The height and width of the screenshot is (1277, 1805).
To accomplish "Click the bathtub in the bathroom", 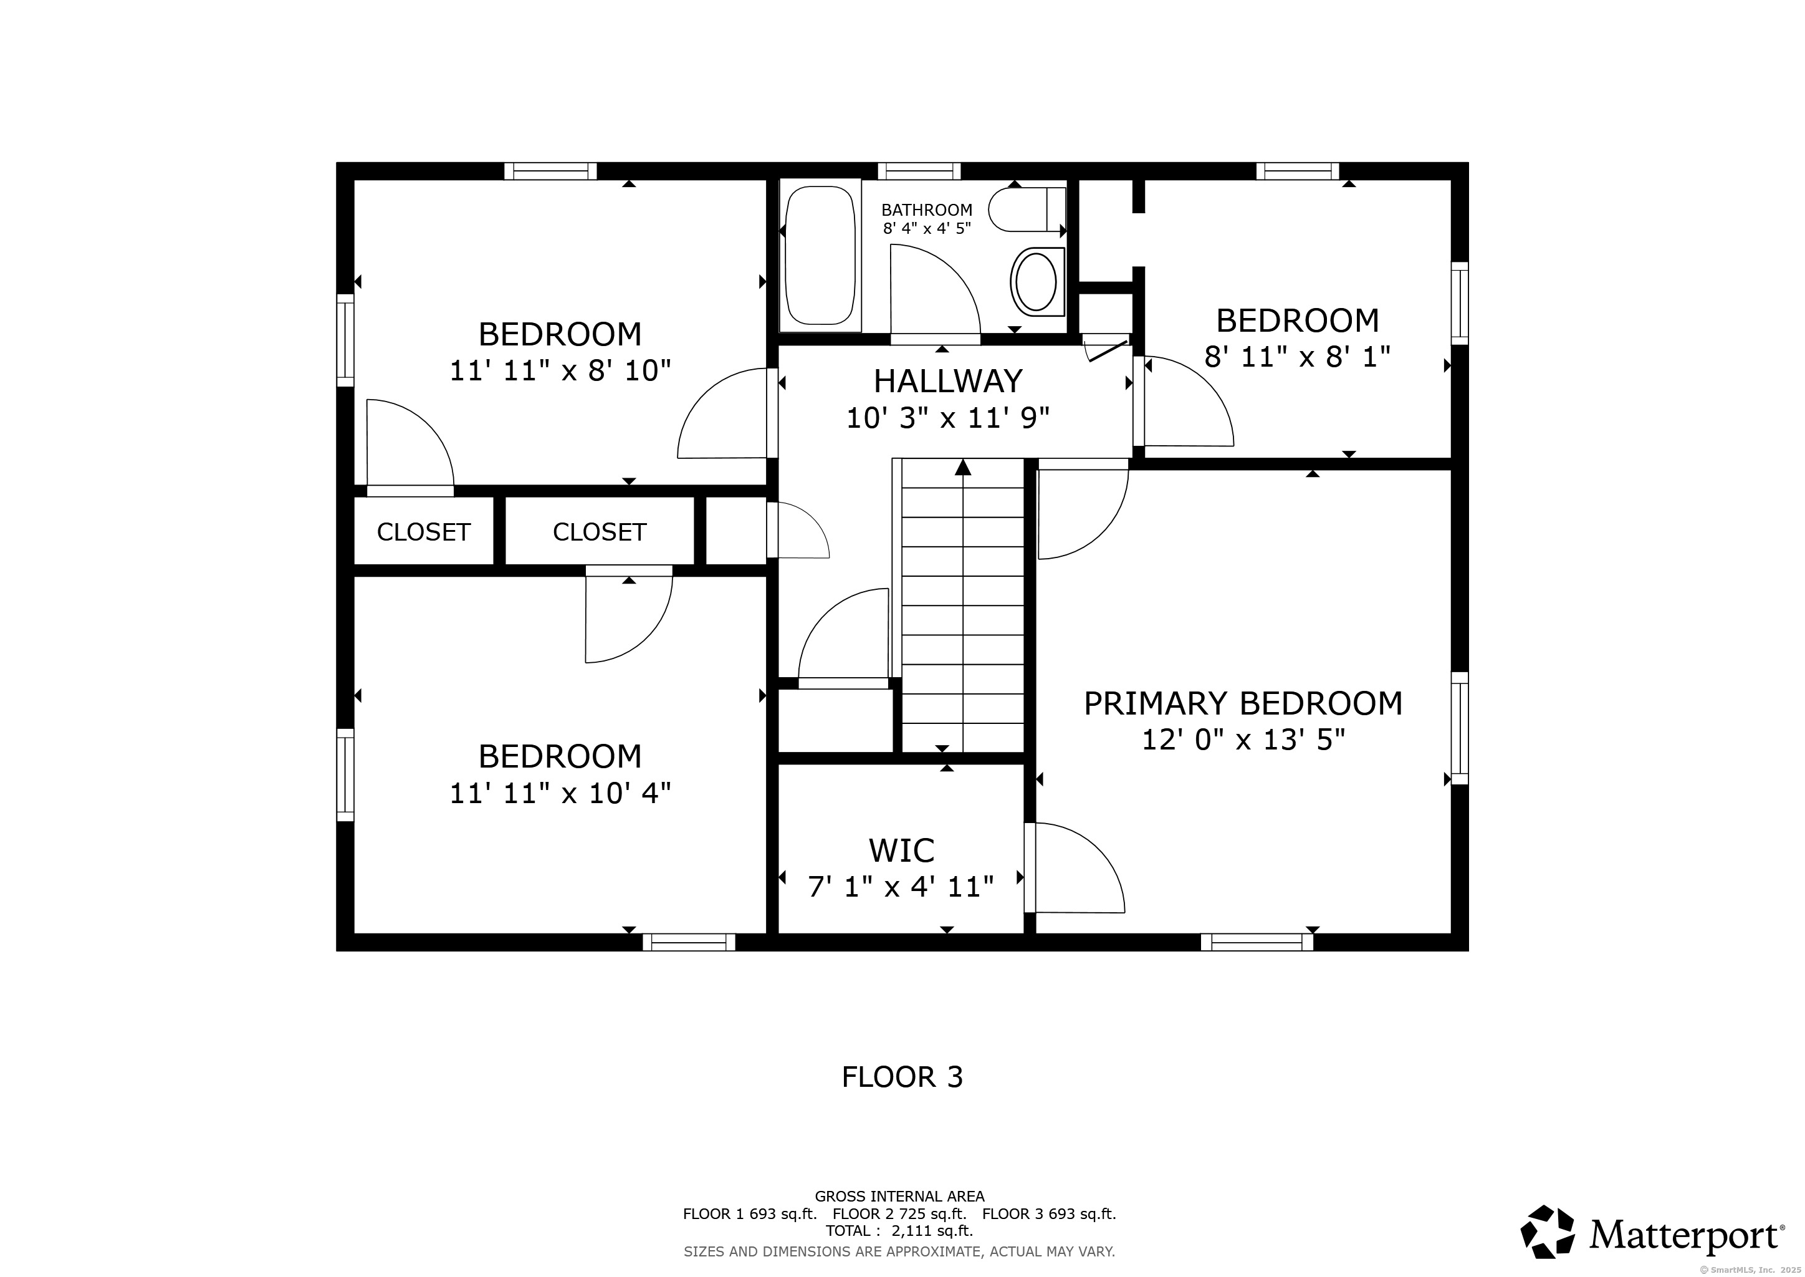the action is (x=821, y=256).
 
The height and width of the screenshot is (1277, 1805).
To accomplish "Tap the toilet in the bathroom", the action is (x=1027, y=209).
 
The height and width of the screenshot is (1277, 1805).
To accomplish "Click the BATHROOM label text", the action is (x=927, y=210).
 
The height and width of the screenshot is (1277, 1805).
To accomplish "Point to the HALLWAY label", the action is (x=948, y=382).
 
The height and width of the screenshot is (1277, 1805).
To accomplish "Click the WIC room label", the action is (x=902, y=851).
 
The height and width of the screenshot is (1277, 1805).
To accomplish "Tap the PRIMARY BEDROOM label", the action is (x=1243, y=703).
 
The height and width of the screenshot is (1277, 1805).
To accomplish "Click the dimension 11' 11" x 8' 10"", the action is (x=560, y=370).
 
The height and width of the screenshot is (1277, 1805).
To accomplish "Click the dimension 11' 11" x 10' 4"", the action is (x=560, y=793).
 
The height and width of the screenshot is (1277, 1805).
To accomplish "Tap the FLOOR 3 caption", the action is (x=902, y=1076).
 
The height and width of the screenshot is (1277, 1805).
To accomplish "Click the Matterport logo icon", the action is (x=1547, y=1231).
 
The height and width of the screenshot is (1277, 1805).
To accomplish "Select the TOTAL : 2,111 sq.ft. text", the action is (x=899, y=1231).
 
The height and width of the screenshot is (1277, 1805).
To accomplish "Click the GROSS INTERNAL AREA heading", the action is (x=899, y=1196).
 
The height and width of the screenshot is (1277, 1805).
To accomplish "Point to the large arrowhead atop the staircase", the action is (x=963, y=467).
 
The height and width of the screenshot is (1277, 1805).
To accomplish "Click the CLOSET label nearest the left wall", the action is (x=424, y=532).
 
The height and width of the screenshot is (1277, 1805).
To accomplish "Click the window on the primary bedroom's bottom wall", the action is (x=1257, y=942).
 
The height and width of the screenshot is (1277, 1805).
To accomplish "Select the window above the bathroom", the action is (x=919, y=171).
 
